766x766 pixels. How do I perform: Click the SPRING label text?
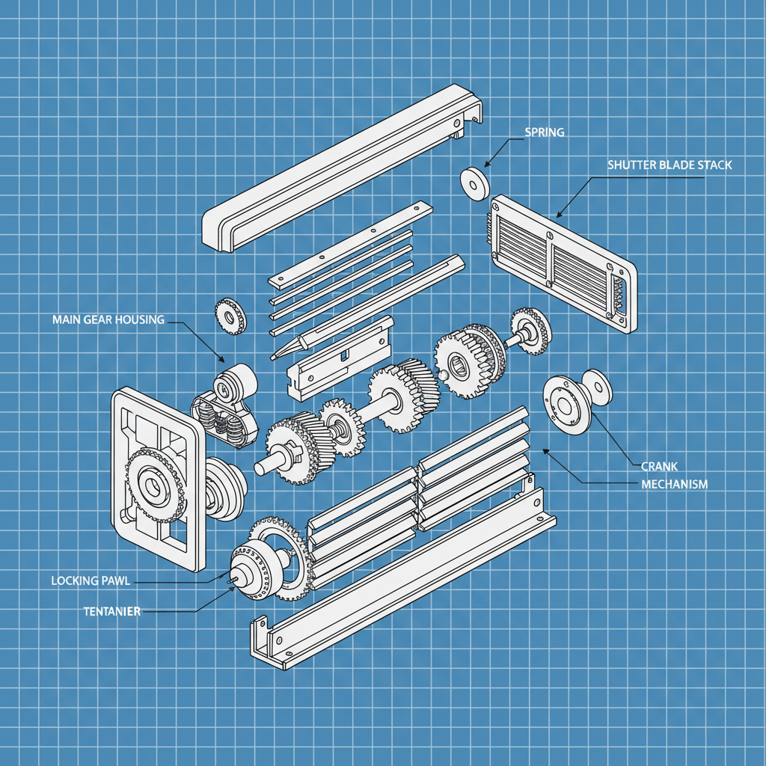(544, 132)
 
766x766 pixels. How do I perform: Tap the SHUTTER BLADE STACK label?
(670, 165)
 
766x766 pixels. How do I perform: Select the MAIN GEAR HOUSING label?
(108, 319)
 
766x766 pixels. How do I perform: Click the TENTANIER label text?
(112, 611)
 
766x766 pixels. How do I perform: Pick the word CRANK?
(659, 466)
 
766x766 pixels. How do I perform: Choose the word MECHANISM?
(674, 484)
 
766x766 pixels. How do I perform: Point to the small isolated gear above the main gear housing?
(230, 316)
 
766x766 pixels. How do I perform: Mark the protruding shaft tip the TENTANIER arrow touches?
(233, 576)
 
